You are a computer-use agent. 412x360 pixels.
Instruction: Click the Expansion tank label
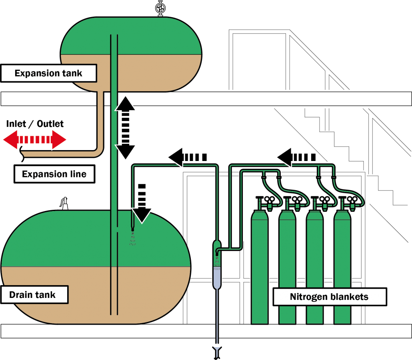(48, 73)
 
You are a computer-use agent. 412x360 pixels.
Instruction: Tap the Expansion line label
(54, 174)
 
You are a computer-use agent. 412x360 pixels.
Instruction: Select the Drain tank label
(33, 295)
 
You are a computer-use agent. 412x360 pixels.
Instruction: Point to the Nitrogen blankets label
(329, 297)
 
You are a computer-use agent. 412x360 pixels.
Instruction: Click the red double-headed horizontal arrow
(35, 140)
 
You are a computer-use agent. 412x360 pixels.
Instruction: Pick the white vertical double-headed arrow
(126, 128)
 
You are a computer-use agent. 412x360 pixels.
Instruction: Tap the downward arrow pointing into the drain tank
(142, 203)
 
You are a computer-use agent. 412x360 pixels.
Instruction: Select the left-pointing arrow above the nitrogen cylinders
(296, 157)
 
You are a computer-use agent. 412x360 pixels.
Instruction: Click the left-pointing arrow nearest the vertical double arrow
(187, 157)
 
